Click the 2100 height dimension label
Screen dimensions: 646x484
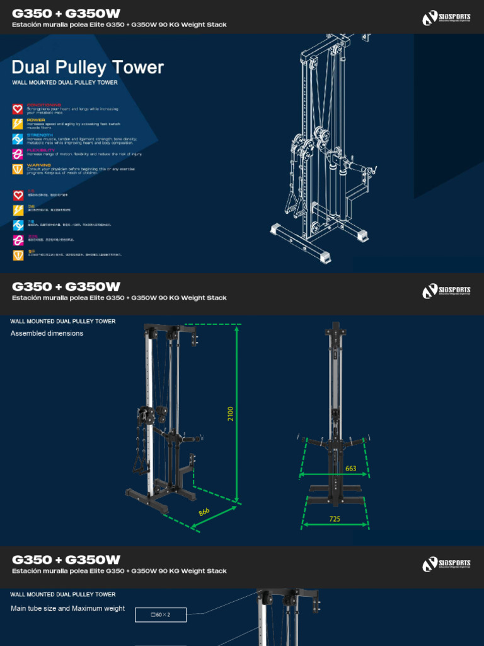pyautogui.click(x=231, y=414)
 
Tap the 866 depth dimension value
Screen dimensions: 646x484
pyautogui.click(x=204, y=512)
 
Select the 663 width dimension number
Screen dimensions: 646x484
pyautogui.click(x=351, y=469)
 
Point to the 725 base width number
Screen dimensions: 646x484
pyautogui.click(x=334, y=518)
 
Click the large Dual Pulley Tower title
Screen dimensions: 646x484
pyautogui.click(x=88, y=68)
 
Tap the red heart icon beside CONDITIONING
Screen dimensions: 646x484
pyautogui.click(x=18, y=109)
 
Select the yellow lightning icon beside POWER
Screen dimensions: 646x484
pyautogui.click(x=18, y=124)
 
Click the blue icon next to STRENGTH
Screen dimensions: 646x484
pyautogui.click(x=18, y=139)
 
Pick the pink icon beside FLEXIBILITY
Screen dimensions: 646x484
pyautogui.click(x=18, y=154)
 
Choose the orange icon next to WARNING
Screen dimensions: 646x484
pyautogui.click(x=18, y=169)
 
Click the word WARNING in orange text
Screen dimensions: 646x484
pyautogui.click(x=38, y=165)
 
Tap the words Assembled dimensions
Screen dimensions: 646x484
pyautogui.click(x=47, y=333)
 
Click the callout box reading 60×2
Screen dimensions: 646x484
pyautogui.click(x=161, y=614)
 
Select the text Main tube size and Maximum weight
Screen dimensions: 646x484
pyautogui.click(x=67, y=609)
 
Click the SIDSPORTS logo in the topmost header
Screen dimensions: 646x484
pyautogui.click(x=446, y=18)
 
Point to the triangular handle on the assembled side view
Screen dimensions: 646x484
pyautogui.click(x=138, y=466)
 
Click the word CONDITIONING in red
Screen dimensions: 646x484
pyautogui.click(x=43, y=105)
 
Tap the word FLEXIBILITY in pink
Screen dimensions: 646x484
pyautogui.click(x=41, y=150)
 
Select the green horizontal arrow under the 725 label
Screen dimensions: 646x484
pyautogui.click(x=334, y=525)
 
